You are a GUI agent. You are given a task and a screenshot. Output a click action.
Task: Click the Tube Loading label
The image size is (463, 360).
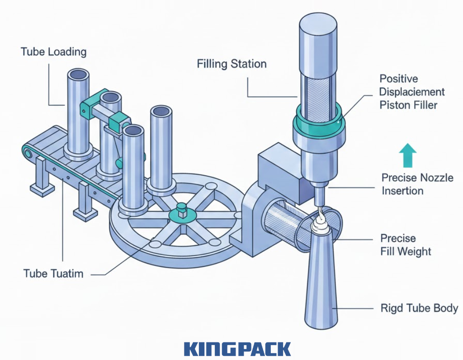pos(53,51)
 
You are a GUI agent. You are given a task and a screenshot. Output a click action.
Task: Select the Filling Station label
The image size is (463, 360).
pos(231,64)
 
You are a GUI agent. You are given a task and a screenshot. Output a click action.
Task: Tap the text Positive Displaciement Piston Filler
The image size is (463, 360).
pos(412,92)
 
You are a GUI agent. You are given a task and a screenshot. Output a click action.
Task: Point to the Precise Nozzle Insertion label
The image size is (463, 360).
pos(417,184)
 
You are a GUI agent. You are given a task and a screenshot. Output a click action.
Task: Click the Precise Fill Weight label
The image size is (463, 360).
pos(406,244)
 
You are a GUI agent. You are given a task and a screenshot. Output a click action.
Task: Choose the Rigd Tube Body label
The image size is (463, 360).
pos(419,309)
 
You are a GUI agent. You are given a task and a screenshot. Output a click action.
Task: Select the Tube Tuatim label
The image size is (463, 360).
pos(53,273)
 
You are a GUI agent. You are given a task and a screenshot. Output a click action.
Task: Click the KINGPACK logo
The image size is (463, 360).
pos(237,349)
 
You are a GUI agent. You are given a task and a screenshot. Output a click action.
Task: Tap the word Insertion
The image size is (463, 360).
pos(402,190)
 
